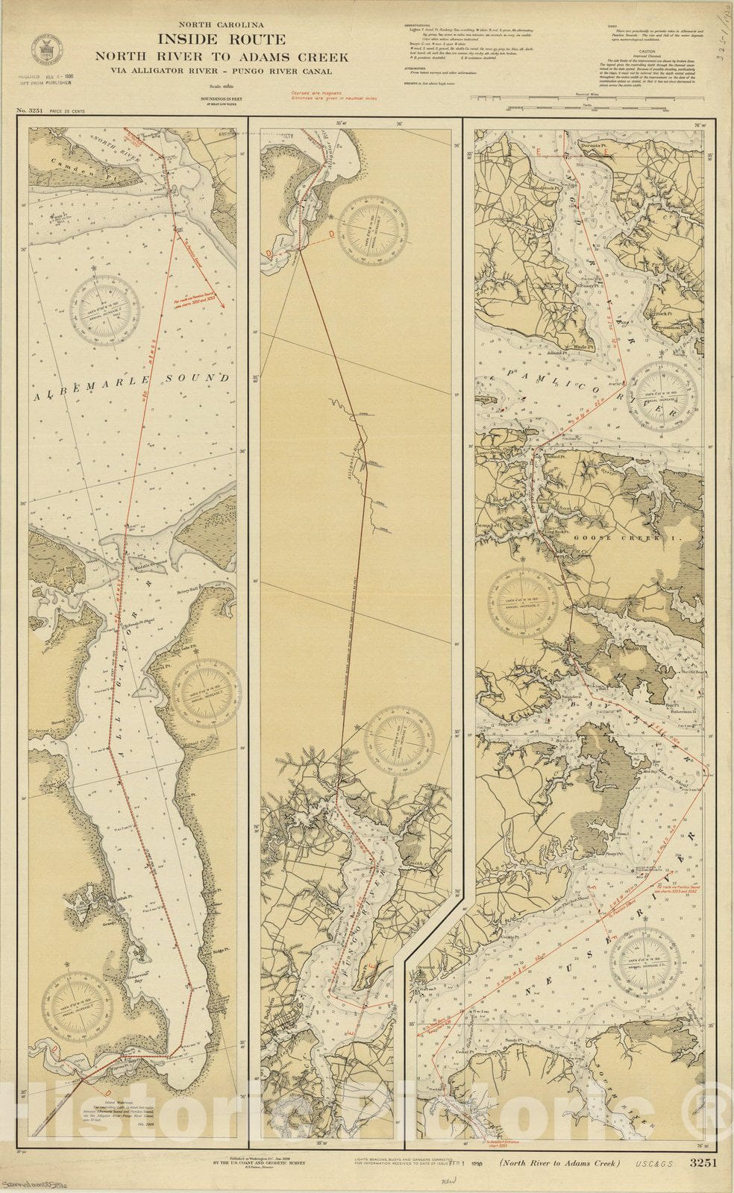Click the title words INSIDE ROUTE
(221, 40)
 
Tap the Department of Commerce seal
(47, 50)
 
